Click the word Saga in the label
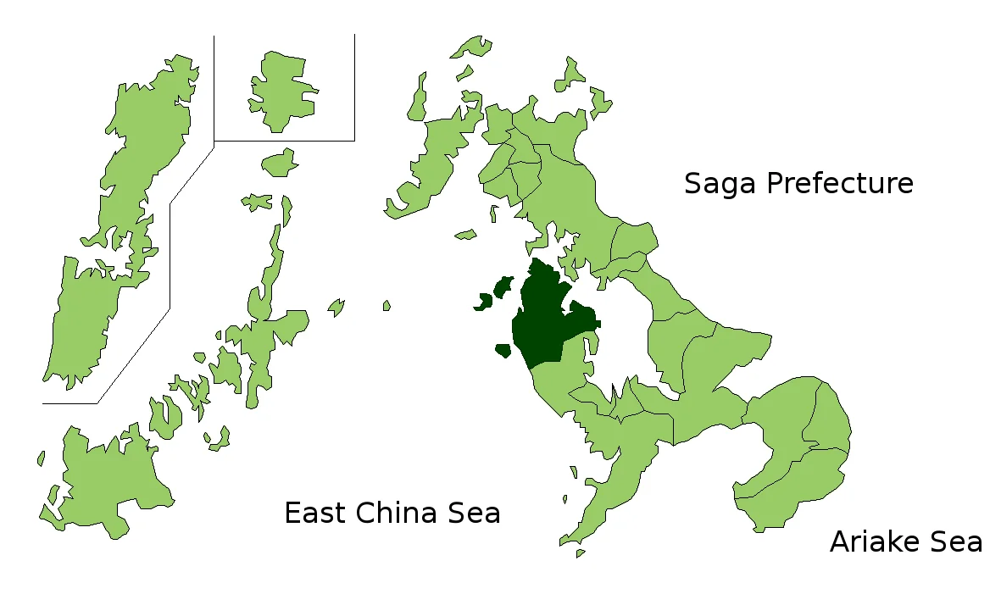coord(719,184)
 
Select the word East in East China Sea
coord(315,513)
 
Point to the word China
coord(400,513)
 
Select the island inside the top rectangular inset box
coord(280,89)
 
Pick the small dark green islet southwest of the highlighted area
coord(503,349)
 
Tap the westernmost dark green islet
coord(486,300)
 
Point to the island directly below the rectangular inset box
coord(278,162)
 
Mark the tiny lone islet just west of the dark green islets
coord(386,305)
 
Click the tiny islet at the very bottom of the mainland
coord(580,553)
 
